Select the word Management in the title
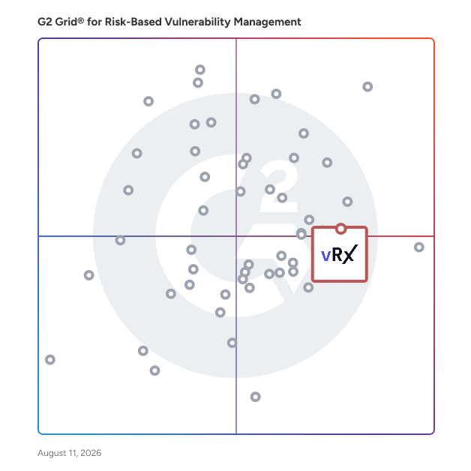point(267,22)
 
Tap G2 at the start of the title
point(45,22)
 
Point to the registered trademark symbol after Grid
point(81,21)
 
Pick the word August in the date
point(52,453)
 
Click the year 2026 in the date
point(91,453)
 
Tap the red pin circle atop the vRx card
point(340,229)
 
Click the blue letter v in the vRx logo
point(326,256)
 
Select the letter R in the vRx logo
point(337,254)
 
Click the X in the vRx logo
point(350,254)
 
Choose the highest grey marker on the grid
point(200,70)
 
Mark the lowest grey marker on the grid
point(255,397)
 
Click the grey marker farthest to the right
point(419,247)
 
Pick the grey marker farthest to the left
point(50,359)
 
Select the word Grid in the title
point(66,22)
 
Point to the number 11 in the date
point(72,453)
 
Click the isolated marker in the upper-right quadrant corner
point(367,87)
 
